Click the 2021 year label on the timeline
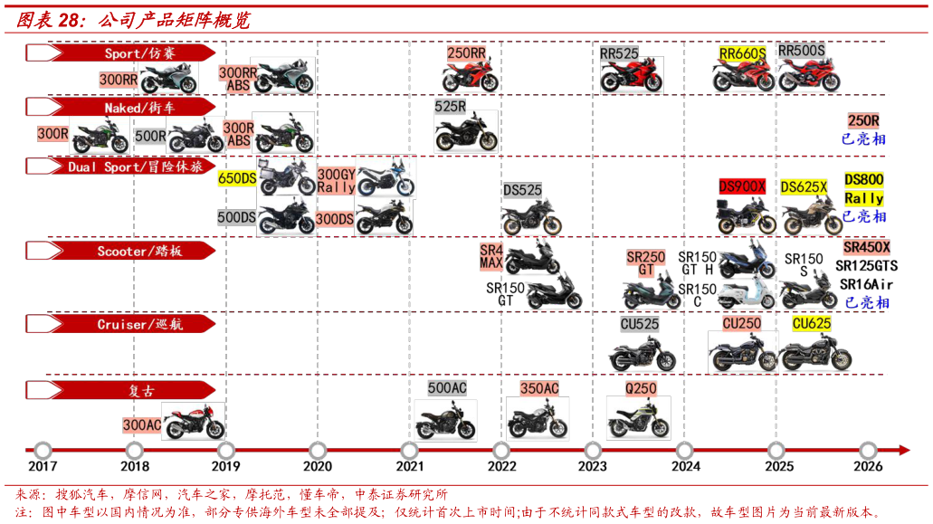409,466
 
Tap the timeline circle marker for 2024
684,451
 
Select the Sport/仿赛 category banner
120,52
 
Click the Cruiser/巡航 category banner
120,324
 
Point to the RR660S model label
742,53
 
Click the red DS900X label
742,186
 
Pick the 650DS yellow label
237,178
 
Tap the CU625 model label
811,324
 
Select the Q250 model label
640,389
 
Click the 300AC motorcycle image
194,421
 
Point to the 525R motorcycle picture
466,132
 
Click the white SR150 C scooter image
747,293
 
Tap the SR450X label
866,247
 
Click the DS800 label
863,179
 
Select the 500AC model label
447,388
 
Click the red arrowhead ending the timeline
904,451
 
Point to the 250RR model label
467,52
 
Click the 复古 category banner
120,390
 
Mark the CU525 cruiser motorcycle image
642,353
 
